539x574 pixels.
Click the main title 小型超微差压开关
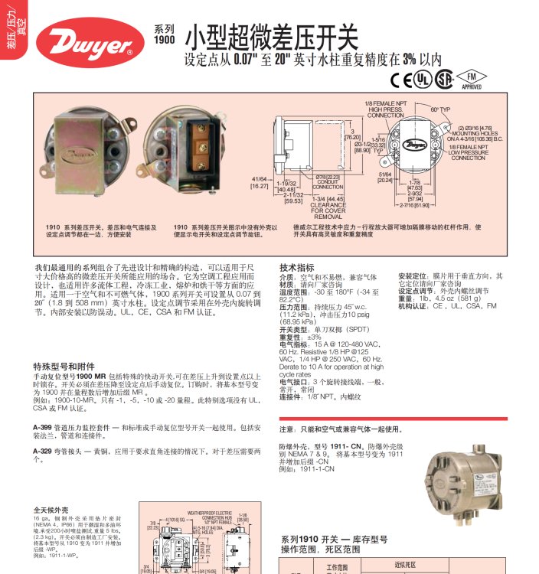[x=271, y=35]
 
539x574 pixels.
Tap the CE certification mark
[x=402, y=80]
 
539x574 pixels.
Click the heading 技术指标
[x=297, y=268]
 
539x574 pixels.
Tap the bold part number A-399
[x=43, y=426]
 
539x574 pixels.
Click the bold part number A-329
[x=43, y=451]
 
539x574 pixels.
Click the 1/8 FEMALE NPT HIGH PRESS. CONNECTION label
[x=385, y=109]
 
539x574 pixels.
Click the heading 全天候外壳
[x=51, y=509]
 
